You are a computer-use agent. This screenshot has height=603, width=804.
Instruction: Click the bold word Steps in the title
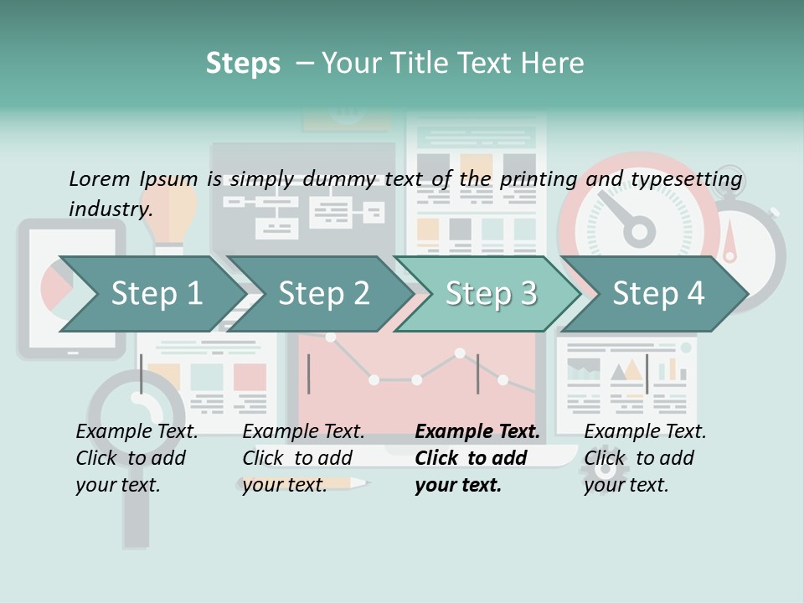pyautogui.click(x=243, y=64)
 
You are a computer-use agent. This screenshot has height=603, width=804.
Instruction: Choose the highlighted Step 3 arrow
pyautogui.click(x=491, y=293)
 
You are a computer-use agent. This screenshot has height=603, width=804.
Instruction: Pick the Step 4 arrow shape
pyautogui.click(x=658, y=293)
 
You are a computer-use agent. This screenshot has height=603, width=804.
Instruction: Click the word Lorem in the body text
pyautogui.click(x=99, y=178)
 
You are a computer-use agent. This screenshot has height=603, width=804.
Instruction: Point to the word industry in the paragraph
pyautogui.click(x=111, y=209)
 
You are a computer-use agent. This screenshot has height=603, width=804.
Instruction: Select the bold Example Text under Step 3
pyautogui.click(x=477, y=431)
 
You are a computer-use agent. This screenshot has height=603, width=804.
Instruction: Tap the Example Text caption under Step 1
pyautogui.click(x=137, y=431)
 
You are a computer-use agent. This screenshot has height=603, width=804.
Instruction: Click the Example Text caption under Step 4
pyautogui.click(x=645, y=431)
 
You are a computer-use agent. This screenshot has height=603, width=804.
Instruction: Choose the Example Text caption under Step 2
pyautogui.click(x=303, y=431)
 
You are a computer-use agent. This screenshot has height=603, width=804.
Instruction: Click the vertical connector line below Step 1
pyautogui.click(x=142, y=374)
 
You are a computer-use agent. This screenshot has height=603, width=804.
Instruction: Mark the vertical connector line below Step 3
pyautogui.click(x=477, y=374)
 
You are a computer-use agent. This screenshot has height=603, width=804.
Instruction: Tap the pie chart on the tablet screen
pyautogui.click(x=55, y=286)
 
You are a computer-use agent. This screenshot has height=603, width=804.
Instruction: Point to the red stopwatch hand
pyautogui.click(x=730, y=243)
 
